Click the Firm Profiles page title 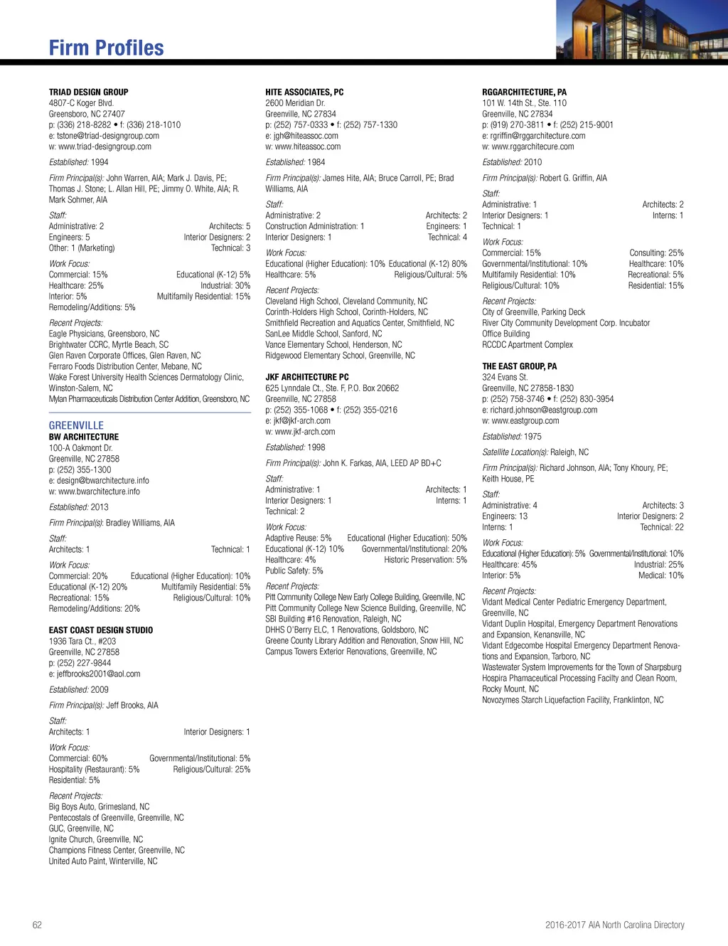click(x=106, y=48)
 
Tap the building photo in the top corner click(x=641, y=29)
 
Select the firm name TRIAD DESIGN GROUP click(x=88, y=92)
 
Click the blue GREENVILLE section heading click(x=76, y=425)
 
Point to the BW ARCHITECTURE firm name click(x=83, y=437)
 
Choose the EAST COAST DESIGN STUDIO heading click(x=100, y=630)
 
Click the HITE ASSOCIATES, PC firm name click(x=304, y=92)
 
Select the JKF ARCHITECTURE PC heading click(x=306, y=378)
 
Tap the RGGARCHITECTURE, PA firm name click(x=524, y=92)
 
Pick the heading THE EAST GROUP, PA click(x=519, y=366)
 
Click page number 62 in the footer click(x=37, y=925)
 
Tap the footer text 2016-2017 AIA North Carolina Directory click(x=614, y=925)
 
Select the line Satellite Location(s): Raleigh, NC click(x=535, y=452)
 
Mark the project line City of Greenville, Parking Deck click(x=533, y=312)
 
